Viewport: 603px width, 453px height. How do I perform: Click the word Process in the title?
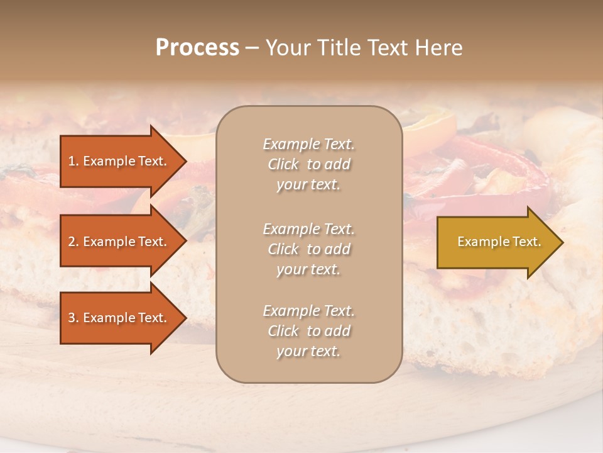click(x=197, y=48)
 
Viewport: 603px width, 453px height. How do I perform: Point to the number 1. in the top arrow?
click(x=73, y=161)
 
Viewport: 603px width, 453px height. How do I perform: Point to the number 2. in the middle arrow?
click(x=73, y=242)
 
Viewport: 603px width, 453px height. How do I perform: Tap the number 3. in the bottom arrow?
click(x=73, y=318)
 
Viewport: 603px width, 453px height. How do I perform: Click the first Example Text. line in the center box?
click(x=308, y=144)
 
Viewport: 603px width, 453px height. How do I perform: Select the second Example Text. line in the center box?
click(x=308, y=229)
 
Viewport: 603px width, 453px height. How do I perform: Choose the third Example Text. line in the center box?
click(x=308, y=311)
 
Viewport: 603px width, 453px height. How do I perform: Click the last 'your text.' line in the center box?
click(x=308, y=351)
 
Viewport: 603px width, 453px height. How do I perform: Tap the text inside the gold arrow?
click(x=499, y=242)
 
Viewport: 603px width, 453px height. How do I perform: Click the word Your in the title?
click(x=287, y=48)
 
